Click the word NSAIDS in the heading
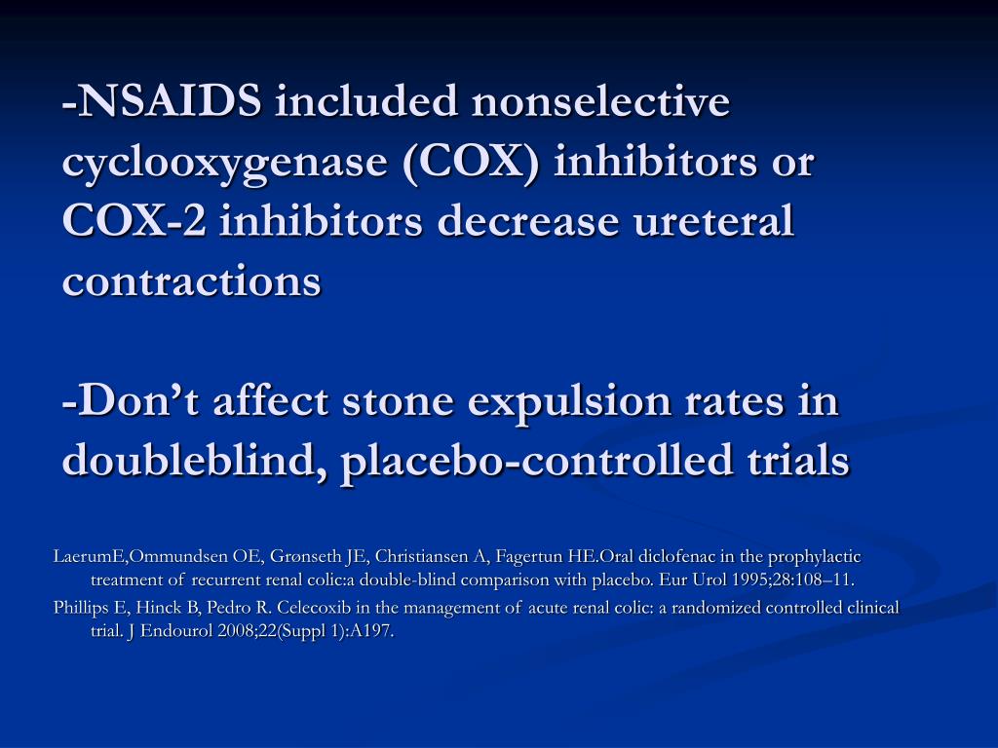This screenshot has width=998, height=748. point(173,101)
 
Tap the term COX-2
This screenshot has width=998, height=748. point(134,222)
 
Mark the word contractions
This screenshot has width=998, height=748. point(192,281)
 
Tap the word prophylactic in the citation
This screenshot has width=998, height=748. point(814,557)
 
